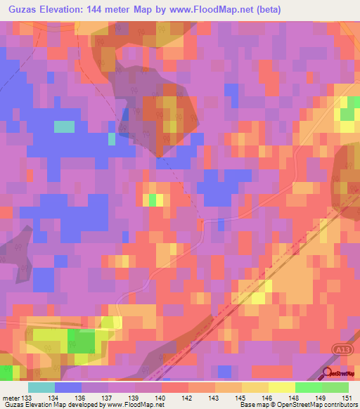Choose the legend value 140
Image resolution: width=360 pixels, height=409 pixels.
(162, 398)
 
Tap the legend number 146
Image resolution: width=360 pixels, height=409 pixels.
(269, 398)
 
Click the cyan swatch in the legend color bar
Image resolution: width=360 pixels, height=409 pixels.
(41, 387)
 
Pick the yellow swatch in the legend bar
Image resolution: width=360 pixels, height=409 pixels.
(282, 387)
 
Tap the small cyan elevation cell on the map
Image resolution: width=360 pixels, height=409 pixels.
(64, 126)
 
